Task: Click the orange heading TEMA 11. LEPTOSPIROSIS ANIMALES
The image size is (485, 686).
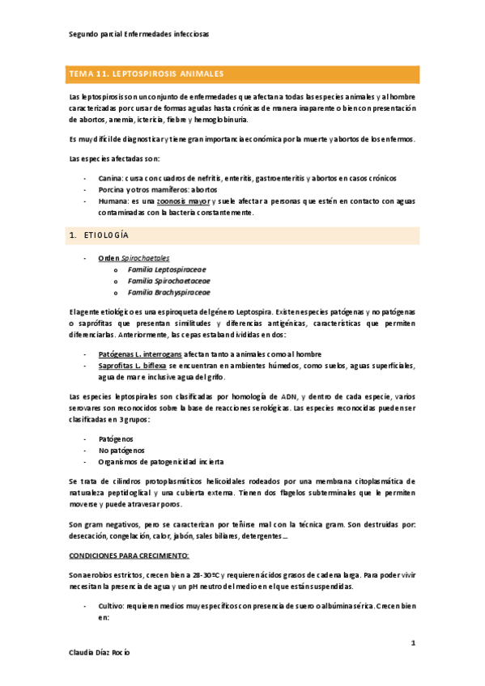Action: coord(147,74)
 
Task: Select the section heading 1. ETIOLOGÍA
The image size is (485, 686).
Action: coord(100,235)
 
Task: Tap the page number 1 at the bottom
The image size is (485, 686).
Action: coord(412,643)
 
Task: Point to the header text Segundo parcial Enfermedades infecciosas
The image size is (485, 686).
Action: coord(138,35)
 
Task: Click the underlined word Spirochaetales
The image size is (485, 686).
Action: coord(146,258)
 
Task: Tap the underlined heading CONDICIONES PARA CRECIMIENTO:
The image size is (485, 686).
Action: coord(130,534)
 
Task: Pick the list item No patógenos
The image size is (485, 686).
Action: coord(121,450)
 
